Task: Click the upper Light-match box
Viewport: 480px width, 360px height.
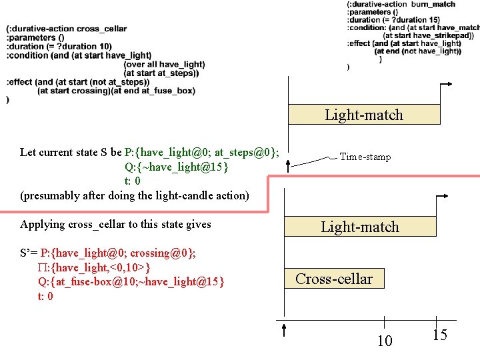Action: pyautogui.click(x=364, y=115)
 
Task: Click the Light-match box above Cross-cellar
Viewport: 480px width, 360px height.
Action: pyautogui.click(x=360, y=227)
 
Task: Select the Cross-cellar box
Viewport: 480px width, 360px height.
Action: pyautogui.click(x=334, y=279)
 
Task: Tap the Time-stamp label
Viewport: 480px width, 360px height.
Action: pyautogui.click(x=365, y=157)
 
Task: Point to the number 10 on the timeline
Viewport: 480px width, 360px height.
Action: pyautogui.click(x=385, y=341)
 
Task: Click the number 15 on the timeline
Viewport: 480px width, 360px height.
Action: pyautogui.click(x=439, y=335)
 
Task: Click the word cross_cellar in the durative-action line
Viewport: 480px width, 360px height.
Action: pyautogui.click(x=101, y=29)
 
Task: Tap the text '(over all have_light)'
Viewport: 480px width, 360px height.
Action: pyautogui.click(x=164, y=64)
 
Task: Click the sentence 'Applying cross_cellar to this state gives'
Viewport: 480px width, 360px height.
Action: pyautogui.click(x=115, y=224)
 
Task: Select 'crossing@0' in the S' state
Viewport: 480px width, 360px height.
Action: pyautogui.click(x=161, y=253)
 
